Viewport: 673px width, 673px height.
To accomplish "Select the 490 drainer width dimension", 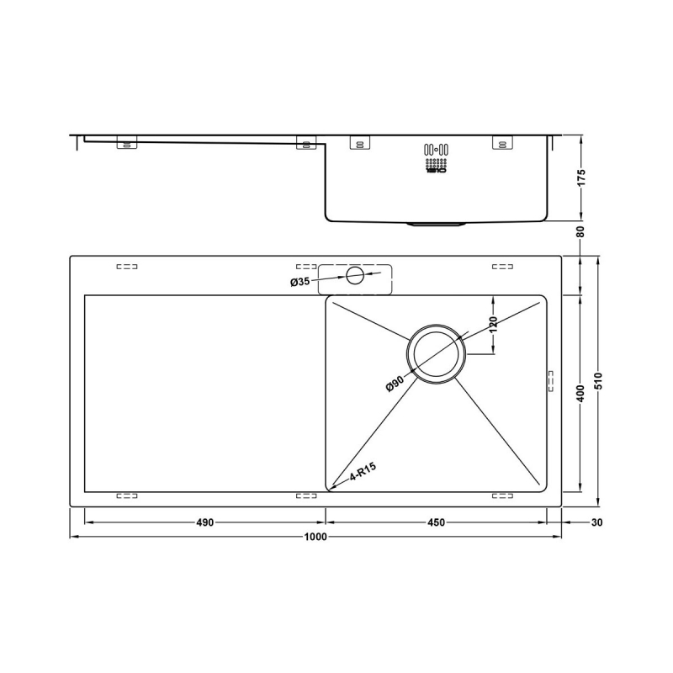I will click(x=204, y=522).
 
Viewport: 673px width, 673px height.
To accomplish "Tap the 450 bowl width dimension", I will click(x=436, y=522).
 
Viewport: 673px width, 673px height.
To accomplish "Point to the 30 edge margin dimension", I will click(x=597, y=522).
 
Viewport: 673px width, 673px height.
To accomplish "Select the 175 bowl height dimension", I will click(x=581, y=178).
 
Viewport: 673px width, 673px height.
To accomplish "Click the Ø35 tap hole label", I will click(x=300, y=282).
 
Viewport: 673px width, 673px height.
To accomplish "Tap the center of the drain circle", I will click(x=434, y=354).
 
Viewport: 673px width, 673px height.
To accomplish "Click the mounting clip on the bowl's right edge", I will click(x=552, y=379).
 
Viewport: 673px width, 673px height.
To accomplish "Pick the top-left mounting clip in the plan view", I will click(x=126, y=268).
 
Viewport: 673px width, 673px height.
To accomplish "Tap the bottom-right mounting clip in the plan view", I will click(x=502, y=495).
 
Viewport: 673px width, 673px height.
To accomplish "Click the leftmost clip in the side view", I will click(x=126, y=145).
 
